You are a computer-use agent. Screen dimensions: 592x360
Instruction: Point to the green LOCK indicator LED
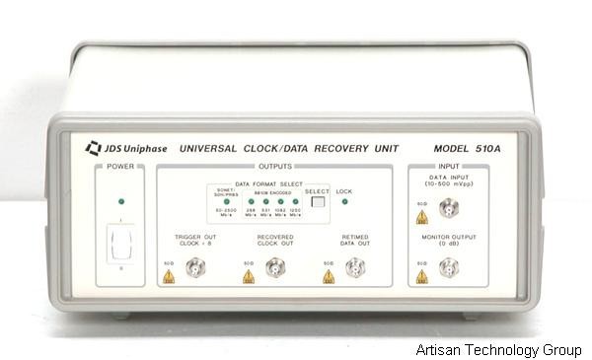click(x=343, y=202)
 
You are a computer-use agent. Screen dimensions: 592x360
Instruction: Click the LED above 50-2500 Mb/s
click(x=227, y=202)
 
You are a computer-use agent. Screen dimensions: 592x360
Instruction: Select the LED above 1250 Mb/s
click(x=295, y=202)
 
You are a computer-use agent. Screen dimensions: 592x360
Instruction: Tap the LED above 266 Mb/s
click(x=251, y=202)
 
